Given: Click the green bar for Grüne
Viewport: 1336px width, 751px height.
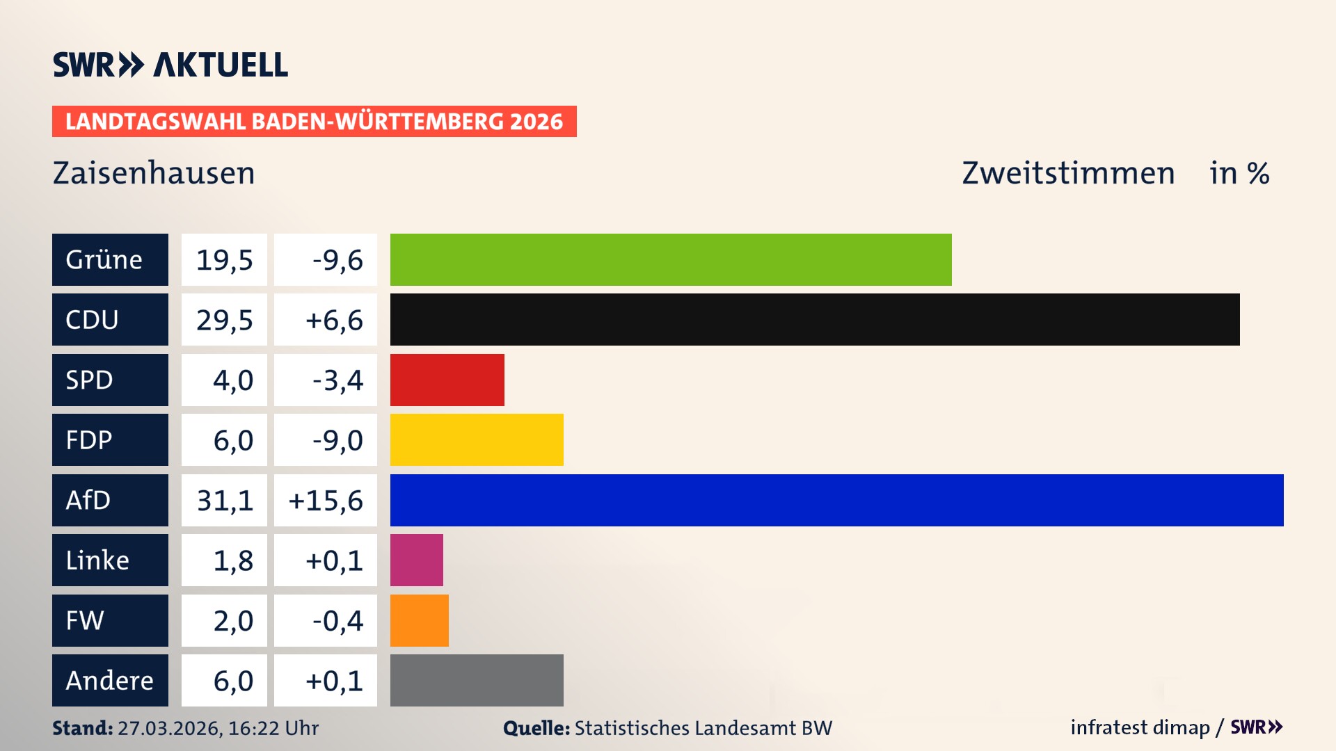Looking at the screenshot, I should [x=670, y=259].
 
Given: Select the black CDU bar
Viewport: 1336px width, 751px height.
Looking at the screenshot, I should [x=814, y=320].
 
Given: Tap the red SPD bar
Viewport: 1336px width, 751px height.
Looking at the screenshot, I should [x=447, y=380].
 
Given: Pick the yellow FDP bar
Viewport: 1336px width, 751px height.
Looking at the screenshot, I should [x=477, y=439].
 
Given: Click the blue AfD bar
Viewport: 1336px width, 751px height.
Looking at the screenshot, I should [x=836, y=500].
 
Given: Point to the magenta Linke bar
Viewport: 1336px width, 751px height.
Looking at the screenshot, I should [x=416, y=560].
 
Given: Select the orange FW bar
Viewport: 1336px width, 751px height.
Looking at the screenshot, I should [x=419, y=620].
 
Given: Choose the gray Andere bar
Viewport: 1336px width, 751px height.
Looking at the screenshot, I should [x=477, y=680].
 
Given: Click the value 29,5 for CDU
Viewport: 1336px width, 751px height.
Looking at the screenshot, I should [x=224, y=320].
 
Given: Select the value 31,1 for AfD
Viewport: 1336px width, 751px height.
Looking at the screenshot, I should [x=224, y=500].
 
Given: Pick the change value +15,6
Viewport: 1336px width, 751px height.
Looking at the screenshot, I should [x=326, y=500].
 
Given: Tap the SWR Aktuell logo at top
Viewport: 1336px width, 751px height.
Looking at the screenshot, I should [x=170, y=65].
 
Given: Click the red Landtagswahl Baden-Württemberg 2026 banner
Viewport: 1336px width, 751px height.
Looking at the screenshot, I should [x=314, y=122].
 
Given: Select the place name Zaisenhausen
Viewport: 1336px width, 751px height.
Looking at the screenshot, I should [x=154, y=173].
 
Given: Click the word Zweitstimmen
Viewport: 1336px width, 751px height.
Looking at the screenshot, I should [x=1068, y=173].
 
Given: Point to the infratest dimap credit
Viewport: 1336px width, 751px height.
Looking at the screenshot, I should [x=1140, y=727].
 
